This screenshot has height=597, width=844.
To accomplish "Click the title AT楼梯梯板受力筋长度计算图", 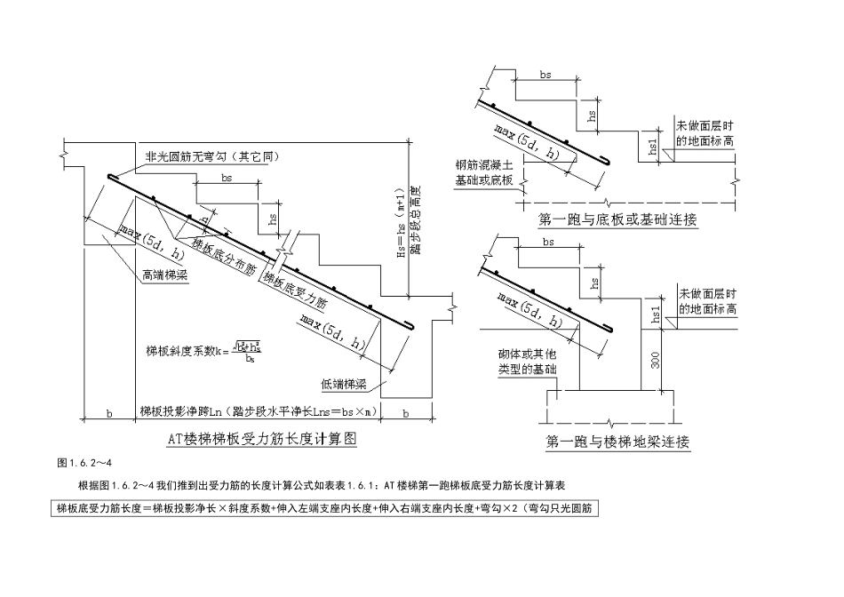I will (261, 438).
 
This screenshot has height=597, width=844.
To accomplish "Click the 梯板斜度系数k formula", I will (205, 352).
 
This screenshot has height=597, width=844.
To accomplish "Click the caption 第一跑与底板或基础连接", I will (617, 219).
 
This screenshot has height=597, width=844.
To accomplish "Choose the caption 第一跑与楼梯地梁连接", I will (615, 441).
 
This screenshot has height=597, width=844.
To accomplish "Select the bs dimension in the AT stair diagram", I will (227, 179).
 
